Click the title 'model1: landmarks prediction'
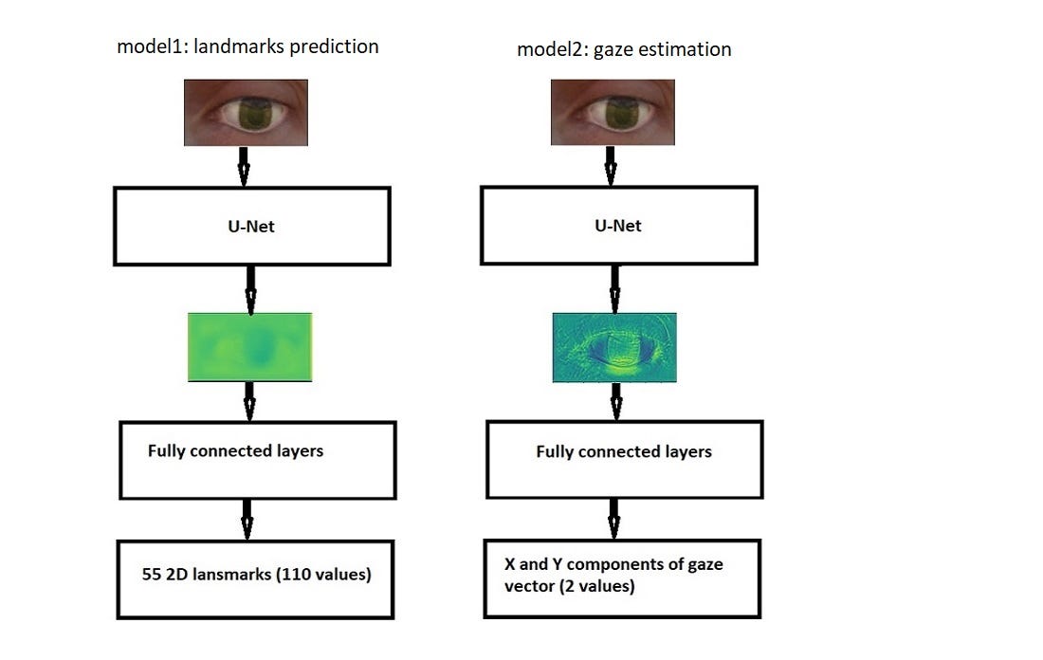point(247,46)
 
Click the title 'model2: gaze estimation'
point(624,49)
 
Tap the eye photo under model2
point(613,112)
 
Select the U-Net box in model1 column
point(251,226)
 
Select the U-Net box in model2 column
point(618,225)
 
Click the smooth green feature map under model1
point(249,347)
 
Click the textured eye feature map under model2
point(614,347)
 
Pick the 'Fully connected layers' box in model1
point(257,460)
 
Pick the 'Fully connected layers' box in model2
point(624,460)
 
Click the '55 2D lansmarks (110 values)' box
point(254,579)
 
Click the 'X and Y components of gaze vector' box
point(621,578)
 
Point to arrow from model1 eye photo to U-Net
point(243,166)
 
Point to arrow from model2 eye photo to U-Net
point(611,166)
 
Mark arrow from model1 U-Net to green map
point(250,290)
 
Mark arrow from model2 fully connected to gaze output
point(614,519)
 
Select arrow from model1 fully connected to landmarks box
point(247,519)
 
